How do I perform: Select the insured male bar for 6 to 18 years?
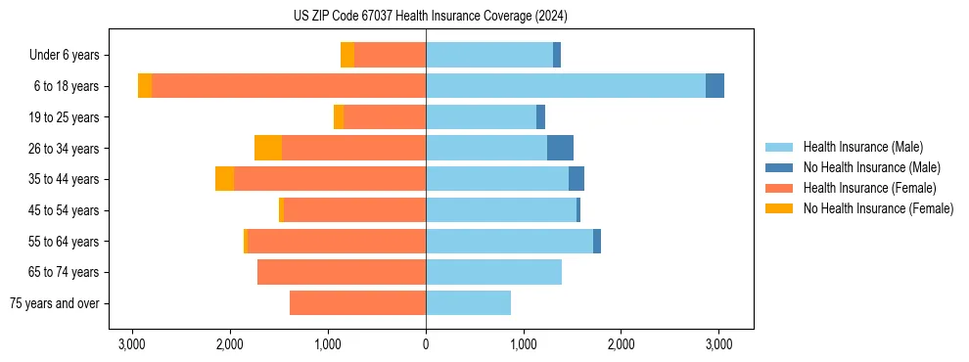pyautogui.click(x=566, y=86)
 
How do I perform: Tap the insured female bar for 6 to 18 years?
pyautogui.click(x=289, y=86)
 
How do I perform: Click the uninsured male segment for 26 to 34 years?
pyautogui.click(x=560, y=148)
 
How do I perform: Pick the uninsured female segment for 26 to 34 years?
pyautogui.click(x=268, y=148)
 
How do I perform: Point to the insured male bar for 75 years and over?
pyautogui.click(x=468, y=303)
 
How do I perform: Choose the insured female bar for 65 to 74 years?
pyautogui.click(x=342, y=272)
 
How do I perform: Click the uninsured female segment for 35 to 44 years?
pyautogui.click(x=224, y=179)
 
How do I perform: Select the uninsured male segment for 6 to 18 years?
pyautogui.click(x=715, y=86)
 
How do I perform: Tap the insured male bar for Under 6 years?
pyautogui.click(x=489, y=55)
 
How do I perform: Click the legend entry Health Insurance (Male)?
pyautogui.click(x=862, y=147)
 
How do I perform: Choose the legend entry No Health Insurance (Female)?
pyautogui.click(x=878, y=208)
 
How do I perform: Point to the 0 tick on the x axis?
pyautogui.click(x=426, y=344)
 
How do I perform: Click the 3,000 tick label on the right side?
pyautogui.click(x=718, y=344)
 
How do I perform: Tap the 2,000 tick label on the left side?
pyautogui.click(x=230, y=344)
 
